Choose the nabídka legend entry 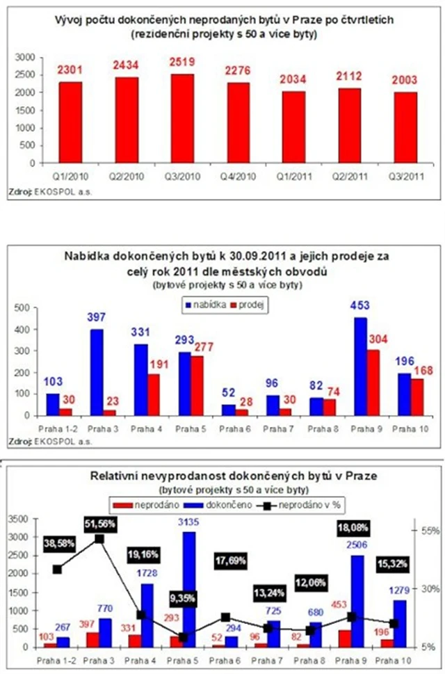pos(209,304)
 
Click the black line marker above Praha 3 pos(99,538)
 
